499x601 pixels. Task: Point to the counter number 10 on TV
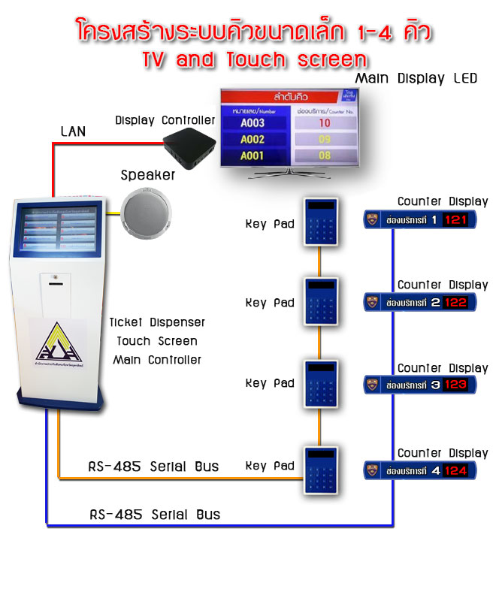tap(325, 122)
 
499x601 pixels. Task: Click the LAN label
tap(73, 131)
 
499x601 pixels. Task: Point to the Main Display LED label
tap(416, 78)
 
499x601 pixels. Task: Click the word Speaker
tap(148, 175)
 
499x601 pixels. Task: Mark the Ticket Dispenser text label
tap(157, 322)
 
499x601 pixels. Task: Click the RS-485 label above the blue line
tap(155, 515)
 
